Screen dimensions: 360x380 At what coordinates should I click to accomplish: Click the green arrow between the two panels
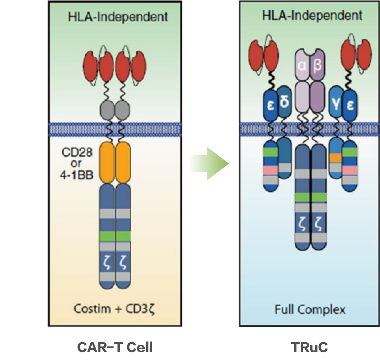tap(210, 164)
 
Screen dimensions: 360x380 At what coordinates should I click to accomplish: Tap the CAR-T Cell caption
tap(115, 347)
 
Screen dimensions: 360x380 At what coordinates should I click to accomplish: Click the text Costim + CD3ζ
tap(115, 308)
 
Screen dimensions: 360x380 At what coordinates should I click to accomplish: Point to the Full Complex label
tap(310, 309)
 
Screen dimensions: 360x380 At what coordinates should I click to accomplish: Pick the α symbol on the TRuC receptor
tap(303, 66)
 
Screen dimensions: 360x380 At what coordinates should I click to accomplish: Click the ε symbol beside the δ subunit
tap(270, 106)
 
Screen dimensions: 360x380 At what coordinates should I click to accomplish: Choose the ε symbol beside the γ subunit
tap(350, 106)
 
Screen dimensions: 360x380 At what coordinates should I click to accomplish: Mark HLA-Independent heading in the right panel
tap(312, 16)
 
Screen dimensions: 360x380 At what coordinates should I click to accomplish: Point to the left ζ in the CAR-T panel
tap(107, 265)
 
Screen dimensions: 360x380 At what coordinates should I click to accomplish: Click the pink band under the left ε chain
tap(270, 170)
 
